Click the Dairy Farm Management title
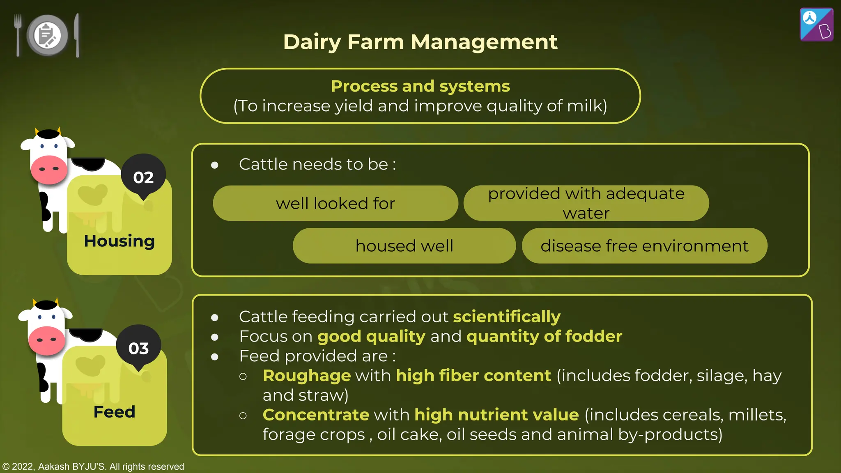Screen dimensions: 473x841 point(420,42)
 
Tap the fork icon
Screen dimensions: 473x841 point(18,35)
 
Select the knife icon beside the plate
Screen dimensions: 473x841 point(77,35)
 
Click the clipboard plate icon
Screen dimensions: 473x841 point(47,35)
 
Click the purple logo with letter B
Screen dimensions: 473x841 point(816,25)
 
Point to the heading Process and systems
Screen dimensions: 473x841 point(420,86)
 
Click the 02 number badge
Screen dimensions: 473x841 point(143,177)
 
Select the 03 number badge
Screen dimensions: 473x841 point(138,348)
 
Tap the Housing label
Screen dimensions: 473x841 point(119,241)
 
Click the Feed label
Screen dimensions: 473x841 point(114,412)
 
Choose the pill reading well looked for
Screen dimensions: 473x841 point(335,203)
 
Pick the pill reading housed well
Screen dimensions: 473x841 point(404,246)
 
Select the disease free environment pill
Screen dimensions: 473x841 point(644,246)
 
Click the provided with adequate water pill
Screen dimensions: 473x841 point(586,203)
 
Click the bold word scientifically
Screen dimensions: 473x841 point(506,317)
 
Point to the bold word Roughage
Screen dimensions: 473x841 point(307,376)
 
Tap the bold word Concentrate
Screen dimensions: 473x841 point(316,415)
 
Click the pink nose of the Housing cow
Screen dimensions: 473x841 point(48,169)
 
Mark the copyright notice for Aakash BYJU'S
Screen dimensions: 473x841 point(93,466)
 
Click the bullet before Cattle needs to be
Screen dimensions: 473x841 point(214,165)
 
